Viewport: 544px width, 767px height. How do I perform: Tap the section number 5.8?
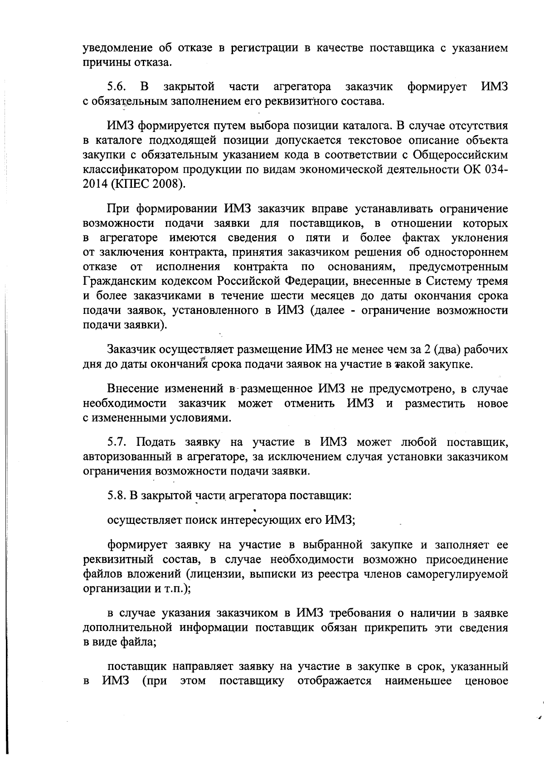click(117, 495)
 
